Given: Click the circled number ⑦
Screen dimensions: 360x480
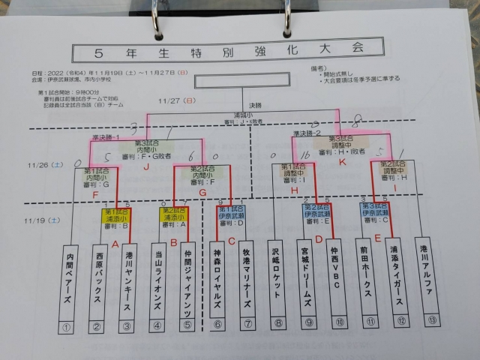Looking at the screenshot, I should click(247, 324).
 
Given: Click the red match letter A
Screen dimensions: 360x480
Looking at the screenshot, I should click(115, 244).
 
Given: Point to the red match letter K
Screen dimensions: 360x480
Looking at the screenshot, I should click(342, 161).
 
